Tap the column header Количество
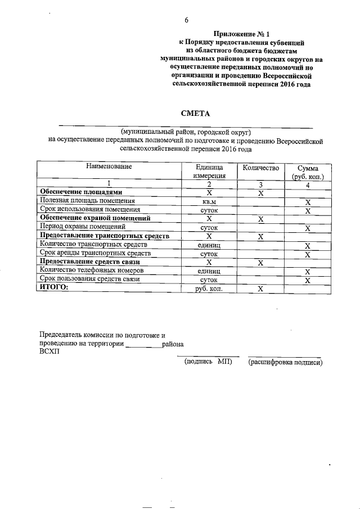(260, 168)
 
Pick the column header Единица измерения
(209, 172)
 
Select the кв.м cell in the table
(209, 201)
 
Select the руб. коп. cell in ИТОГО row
(209, 289)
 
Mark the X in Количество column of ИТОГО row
(260, 289)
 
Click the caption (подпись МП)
(208, 363)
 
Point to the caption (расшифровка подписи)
(285, 363)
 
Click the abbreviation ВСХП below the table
(48, 353)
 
